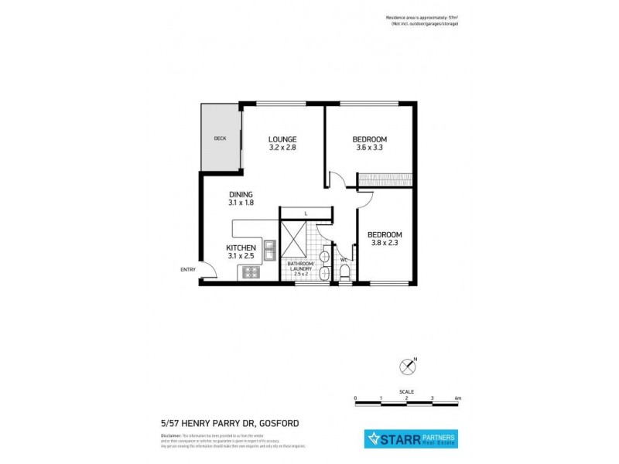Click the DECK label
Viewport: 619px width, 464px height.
(220, 139)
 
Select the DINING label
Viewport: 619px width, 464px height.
(241, 194)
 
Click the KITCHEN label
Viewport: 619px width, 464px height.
(241, 247)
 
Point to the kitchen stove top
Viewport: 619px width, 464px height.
(251, 271)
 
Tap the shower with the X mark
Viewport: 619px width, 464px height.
(294, 241)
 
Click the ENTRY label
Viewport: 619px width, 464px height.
(188, 269)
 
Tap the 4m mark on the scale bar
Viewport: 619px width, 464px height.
(459, 397)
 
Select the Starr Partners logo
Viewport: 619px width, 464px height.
(410, 440)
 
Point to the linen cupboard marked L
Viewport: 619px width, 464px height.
(306, 213)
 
